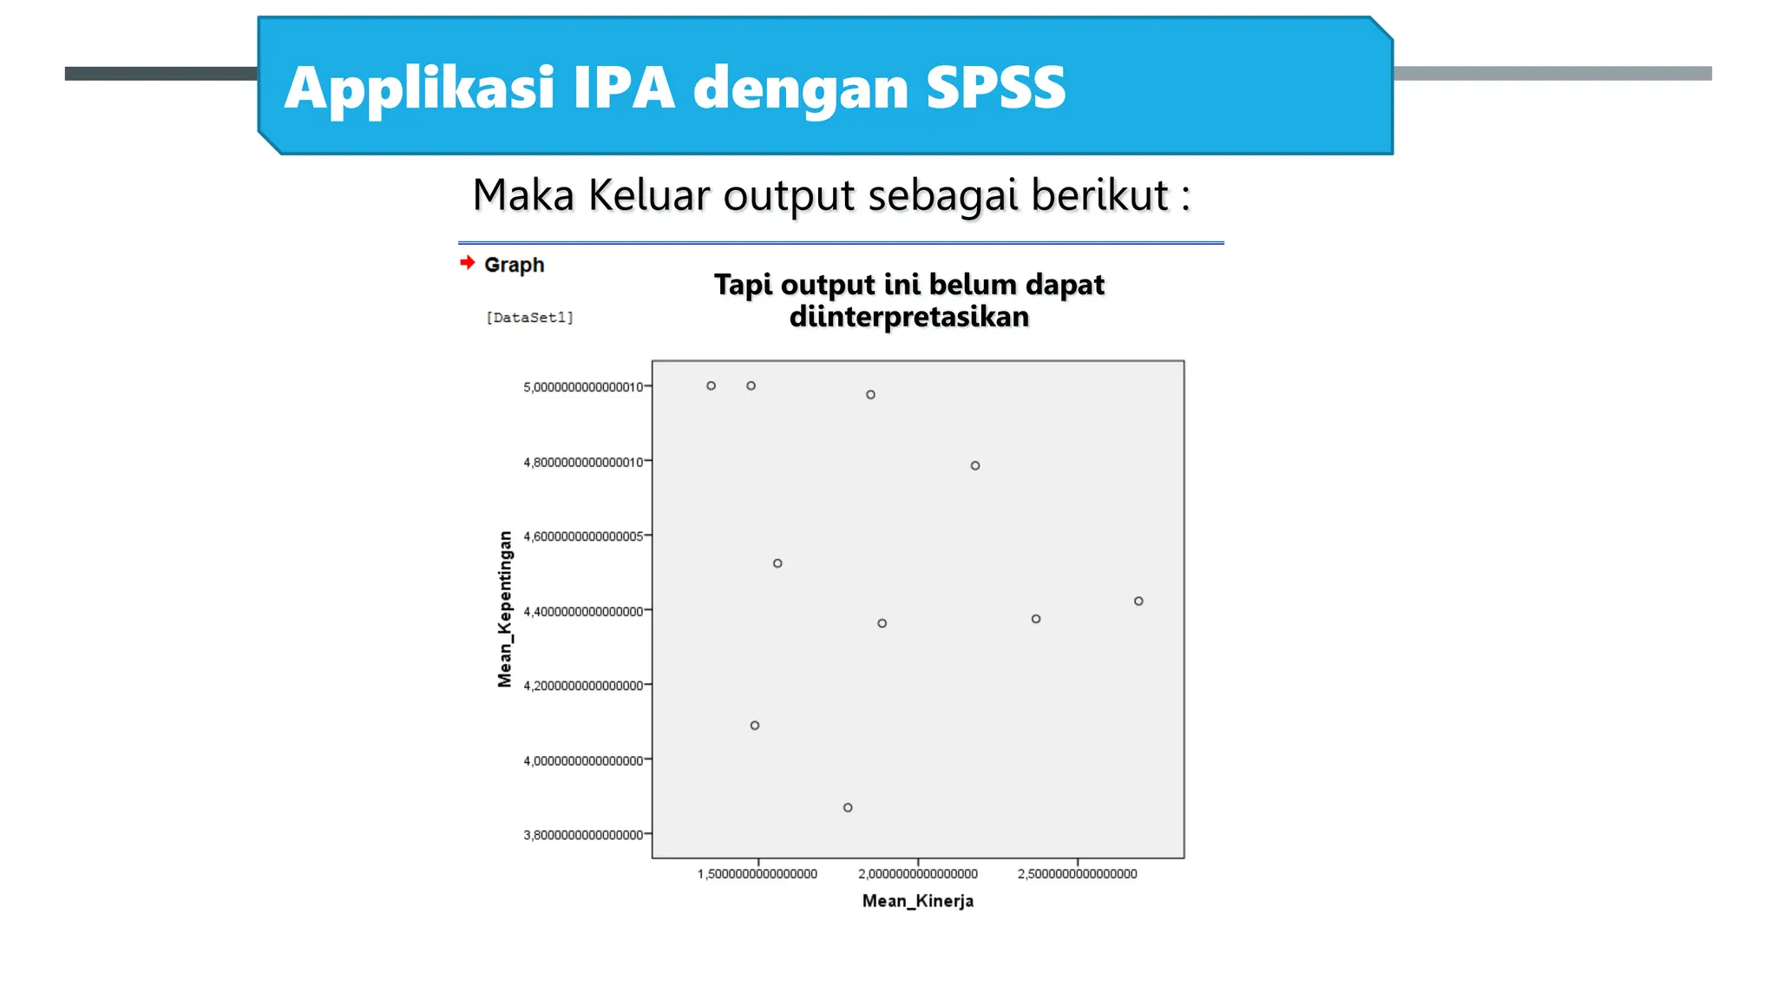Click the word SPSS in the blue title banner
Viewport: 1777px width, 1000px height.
(x=995, y=88)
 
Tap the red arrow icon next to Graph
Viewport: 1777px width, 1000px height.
(x=468, y=262)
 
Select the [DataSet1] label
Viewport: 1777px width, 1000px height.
(x=529, y=318)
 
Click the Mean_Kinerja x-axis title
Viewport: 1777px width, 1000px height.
(x=917, y=901)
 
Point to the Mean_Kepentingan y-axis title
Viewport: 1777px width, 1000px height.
(x=505, y=609)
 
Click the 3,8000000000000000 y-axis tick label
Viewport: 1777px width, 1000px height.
(x=583, y=835)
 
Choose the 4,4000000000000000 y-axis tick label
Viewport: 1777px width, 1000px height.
(x=583, y=612)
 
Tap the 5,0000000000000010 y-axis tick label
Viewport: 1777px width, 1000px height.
(x=583, y=387)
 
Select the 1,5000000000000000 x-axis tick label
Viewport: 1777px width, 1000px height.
(x=757, y=874)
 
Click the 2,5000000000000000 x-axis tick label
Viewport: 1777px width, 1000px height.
(x=1077, y=874)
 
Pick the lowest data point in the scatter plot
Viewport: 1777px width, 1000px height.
(x=848, y=807)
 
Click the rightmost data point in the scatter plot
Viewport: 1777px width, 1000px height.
(x=1138, y=601)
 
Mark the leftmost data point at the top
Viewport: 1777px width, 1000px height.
(x=711, y=385)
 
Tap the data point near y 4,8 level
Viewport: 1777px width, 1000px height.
(x=975, y=465)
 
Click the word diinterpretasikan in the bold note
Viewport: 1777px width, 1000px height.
(x=908, y=317)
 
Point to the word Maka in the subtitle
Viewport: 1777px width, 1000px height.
(x=523, y=194)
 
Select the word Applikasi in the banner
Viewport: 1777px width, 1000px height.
(x=419, y=88)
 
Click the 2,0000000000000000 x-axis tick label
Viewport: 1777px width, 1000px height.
(x=918, y=874)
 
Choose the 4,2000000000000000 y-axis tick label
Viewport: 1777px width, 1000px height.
(x=583, y=686)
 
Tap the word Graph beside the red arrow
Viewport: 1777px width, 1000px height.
(x=514, y=265)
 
